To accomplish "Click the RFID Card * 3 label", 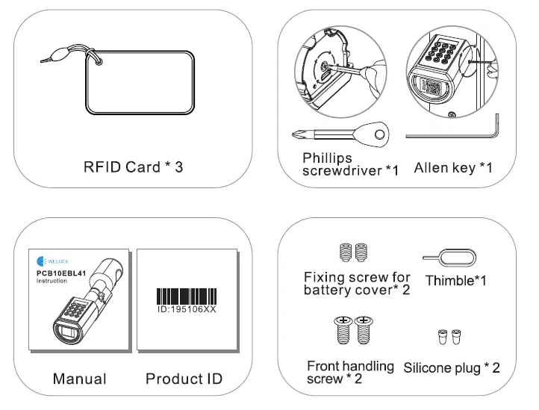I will coord(133,167).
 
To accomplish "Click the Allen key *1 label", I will coord(453,167).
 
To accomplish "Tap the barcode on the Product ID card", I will coord(184,294).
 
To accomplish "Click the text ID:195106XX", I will coord(184,308).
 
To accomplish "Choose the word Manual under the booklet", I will coord(79,379).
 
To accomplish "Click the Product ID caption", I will coord(184,379).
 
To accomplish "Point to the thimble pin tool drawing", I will coord(445,258).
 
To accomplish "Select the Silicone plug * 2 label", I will coord(452,368).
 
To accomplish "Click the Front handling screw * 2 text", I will coord(350,372).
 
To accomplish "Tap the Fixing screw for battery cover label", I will coord(356,283).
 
